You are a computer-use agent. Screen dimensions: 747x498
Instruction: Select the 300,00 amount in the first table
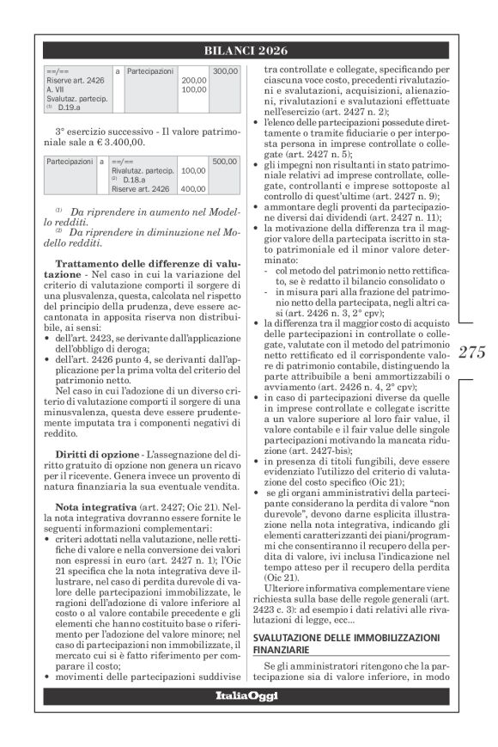[225, 70]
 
